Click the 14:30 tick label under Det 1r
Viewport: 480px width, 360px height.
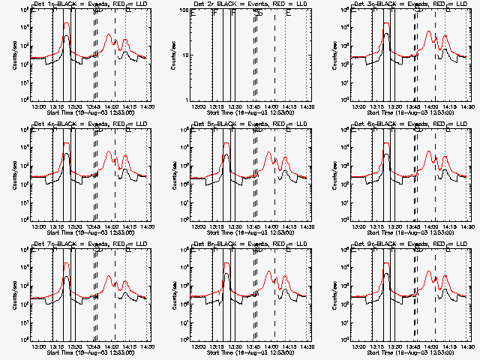pyautogui.click(x=148, y=107)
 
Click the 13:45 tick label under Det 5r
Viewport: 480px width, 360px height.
pyautogui.click(x=254, y=227)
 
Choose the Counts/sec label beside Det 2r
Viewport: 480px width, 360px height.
pyautogui.click(x=172, y=55)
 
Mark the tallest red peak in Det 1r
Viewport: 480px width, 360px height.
pyautogui.click(x=67, y=23)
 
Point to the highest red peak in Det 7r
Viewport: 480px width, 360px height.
pyautogui.click(x=67, y=263)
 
